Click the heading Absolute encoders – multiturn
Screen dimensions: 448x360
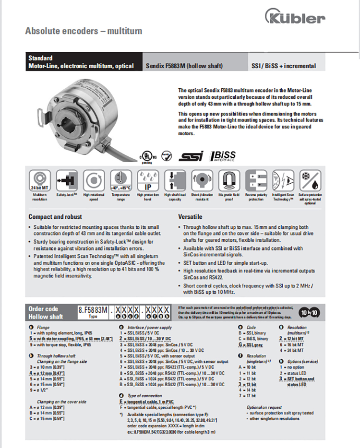point(84,31)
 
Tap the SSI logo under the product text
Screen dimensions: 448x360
point(191,156)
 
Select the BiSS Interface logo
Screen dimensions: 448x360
point(224,156)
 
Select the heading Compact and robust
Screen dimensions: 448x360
point(55,217)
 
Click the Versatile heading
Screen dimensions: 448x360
point(191,217)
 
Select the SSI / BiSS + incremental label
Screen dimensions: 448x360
point(284,66)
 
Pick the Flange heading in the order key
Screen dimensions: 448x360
point(43,327)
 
